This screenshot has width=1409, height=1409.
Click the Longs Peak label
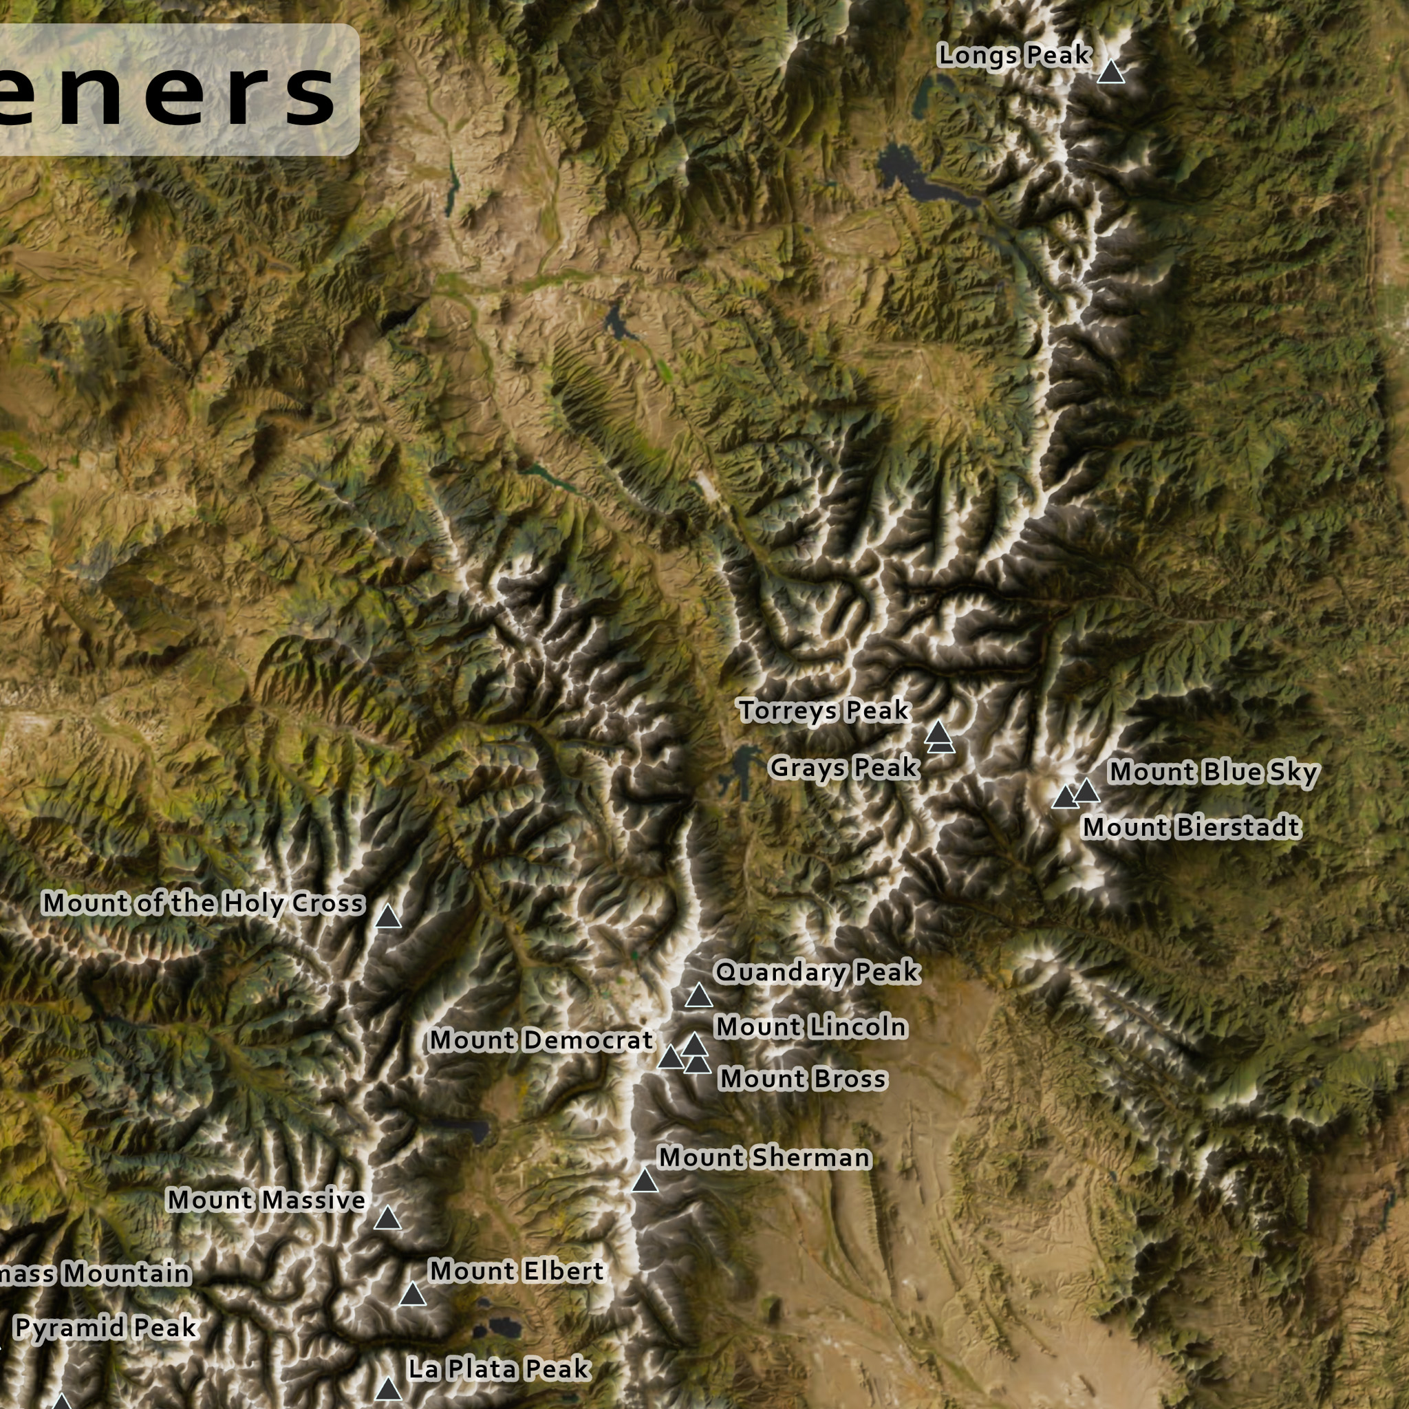1013,56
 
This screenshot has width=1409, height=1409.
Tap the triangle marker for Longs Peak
1110,73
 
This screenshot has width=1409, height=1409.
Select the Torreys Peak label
824,710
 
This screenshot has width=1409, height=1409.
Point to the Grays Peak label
843,767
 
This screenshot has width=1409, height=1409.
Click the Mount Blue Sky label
1213,773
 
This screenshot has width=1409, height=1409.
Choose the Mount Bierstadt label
1191,827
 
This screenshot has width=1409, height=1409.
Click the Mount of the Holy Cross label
203,903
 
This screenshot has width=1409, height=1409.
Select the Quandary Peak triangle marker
699,996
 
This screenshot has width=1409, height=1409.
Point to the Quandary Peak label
817,972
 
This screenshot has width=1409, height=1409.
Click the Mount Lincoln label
811,1027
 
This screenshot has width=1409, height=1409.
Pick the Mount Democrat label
541,1040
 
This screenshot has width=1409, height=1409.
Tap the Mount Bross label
802,1079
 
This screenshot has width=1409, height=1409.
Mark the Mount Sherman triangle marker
645,1181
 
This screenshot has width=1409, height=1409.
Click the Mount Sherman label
764,1157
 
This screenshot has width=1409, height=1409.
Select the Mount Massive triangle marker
387,1218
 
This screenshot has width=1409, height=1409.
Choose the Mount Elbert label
517,1271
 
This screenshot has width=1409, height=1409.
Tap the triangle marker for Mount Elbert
413,1295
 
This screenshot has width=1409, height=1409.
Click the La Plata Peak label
499,1369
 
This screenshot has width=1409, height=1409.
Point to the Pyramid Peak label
105,1327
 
